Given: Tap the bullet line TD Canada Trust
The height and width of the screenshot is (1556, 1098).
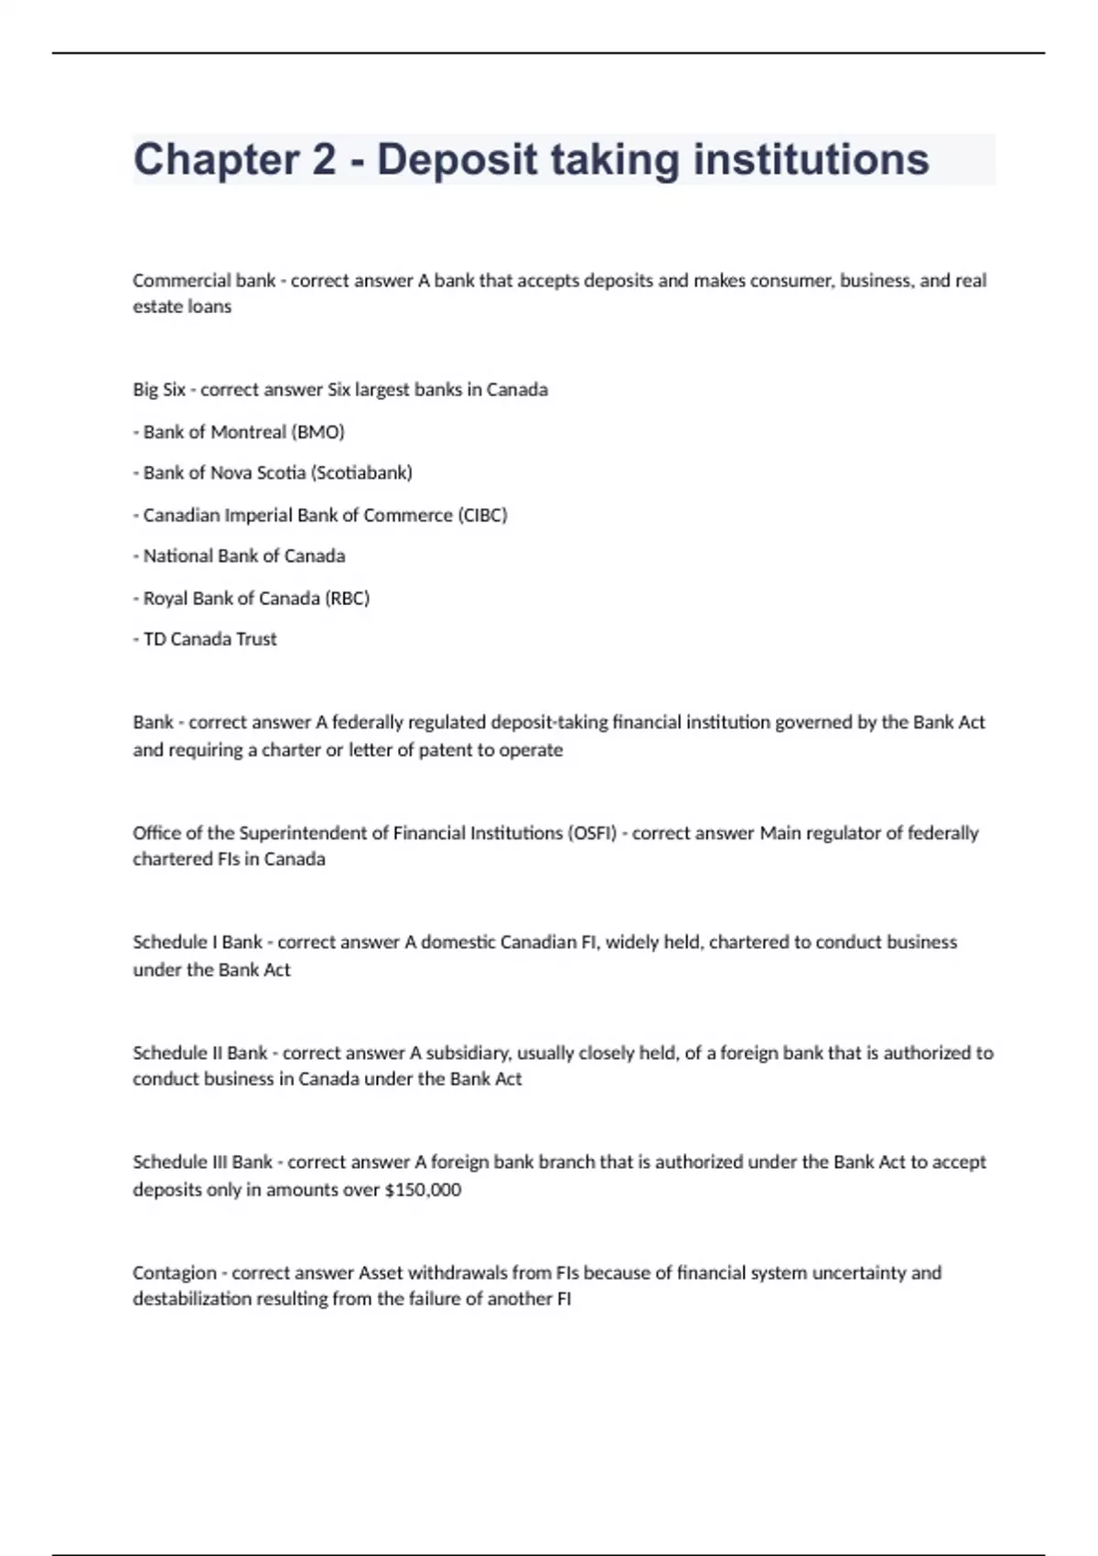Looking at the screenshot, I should coord(210,640).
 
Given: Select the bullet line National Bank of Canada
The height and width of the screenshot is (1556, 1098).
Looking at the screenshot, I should coord(243,556).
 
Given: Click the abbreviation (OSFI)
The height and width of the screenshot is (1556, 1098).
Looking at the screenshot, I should coord(592,834).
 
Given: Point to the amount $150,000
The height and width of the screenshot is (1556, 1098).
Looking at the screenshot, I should coord(424,1190).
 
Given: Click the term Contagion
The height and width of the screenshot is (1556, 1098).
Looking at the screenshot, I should coord(175,1273).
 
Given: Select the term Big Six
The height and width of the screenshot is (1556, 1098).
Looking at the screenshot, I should coord(159,390).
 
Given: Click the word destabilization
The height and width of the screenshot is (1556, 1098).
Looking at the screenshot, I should coord(192,1299).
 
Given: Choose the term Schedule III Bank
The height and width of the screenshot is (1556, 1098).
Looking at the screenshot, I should coord(202,1162).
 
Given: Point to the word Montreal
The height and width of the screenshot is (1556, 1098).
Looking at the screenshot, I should coord(248,432).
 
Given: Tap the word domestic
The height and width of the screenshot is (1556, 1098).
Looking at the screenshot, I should coord(459,943).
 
